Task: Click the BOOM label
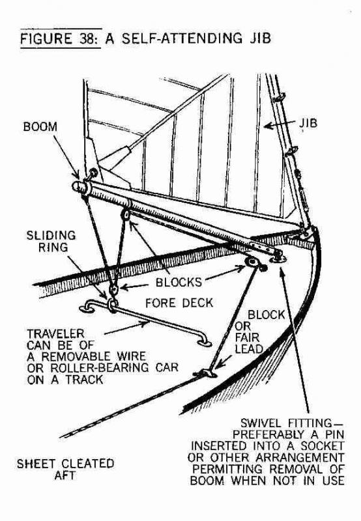click(40, 126)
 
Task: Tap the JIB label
click(308, 123)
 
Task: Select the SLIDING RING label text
click(51, 241)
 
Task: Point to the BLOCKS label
click(179, 282)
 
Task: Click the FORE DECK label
click(179, 303)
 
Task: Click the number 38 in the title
click(88, 38)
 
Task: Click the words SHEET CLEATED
click(65, 463)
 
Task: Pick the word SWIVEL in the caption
click(261, 423)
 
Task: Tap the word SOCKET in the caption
click(322, 445)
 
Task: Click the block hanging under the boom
click(126, 214)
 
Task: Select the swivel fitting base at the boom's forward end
click(278, 258)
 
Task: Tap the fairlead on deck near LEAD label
click(206, 373)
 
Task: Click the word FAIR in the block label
click(248, 337)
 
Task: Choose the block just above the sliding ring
click(113, 290)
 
